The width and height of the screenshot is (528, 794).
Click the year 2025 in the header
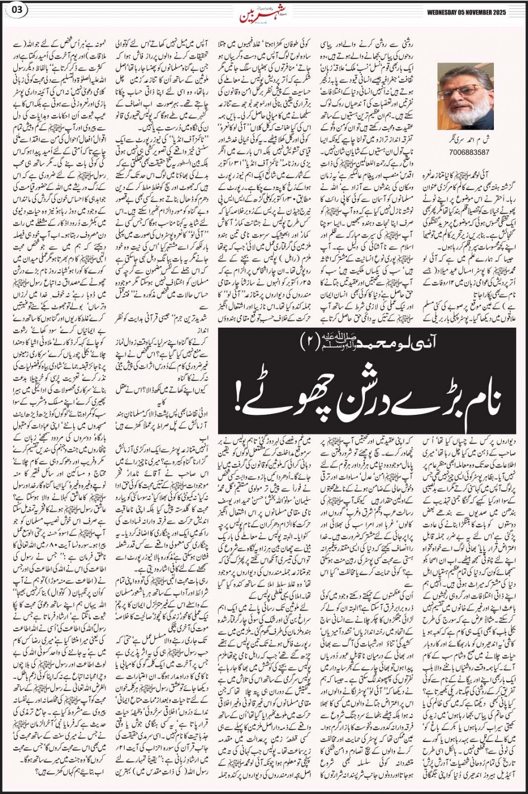[508, 13]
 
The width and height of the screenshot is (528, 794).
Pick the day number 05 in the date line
[464, 13]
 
